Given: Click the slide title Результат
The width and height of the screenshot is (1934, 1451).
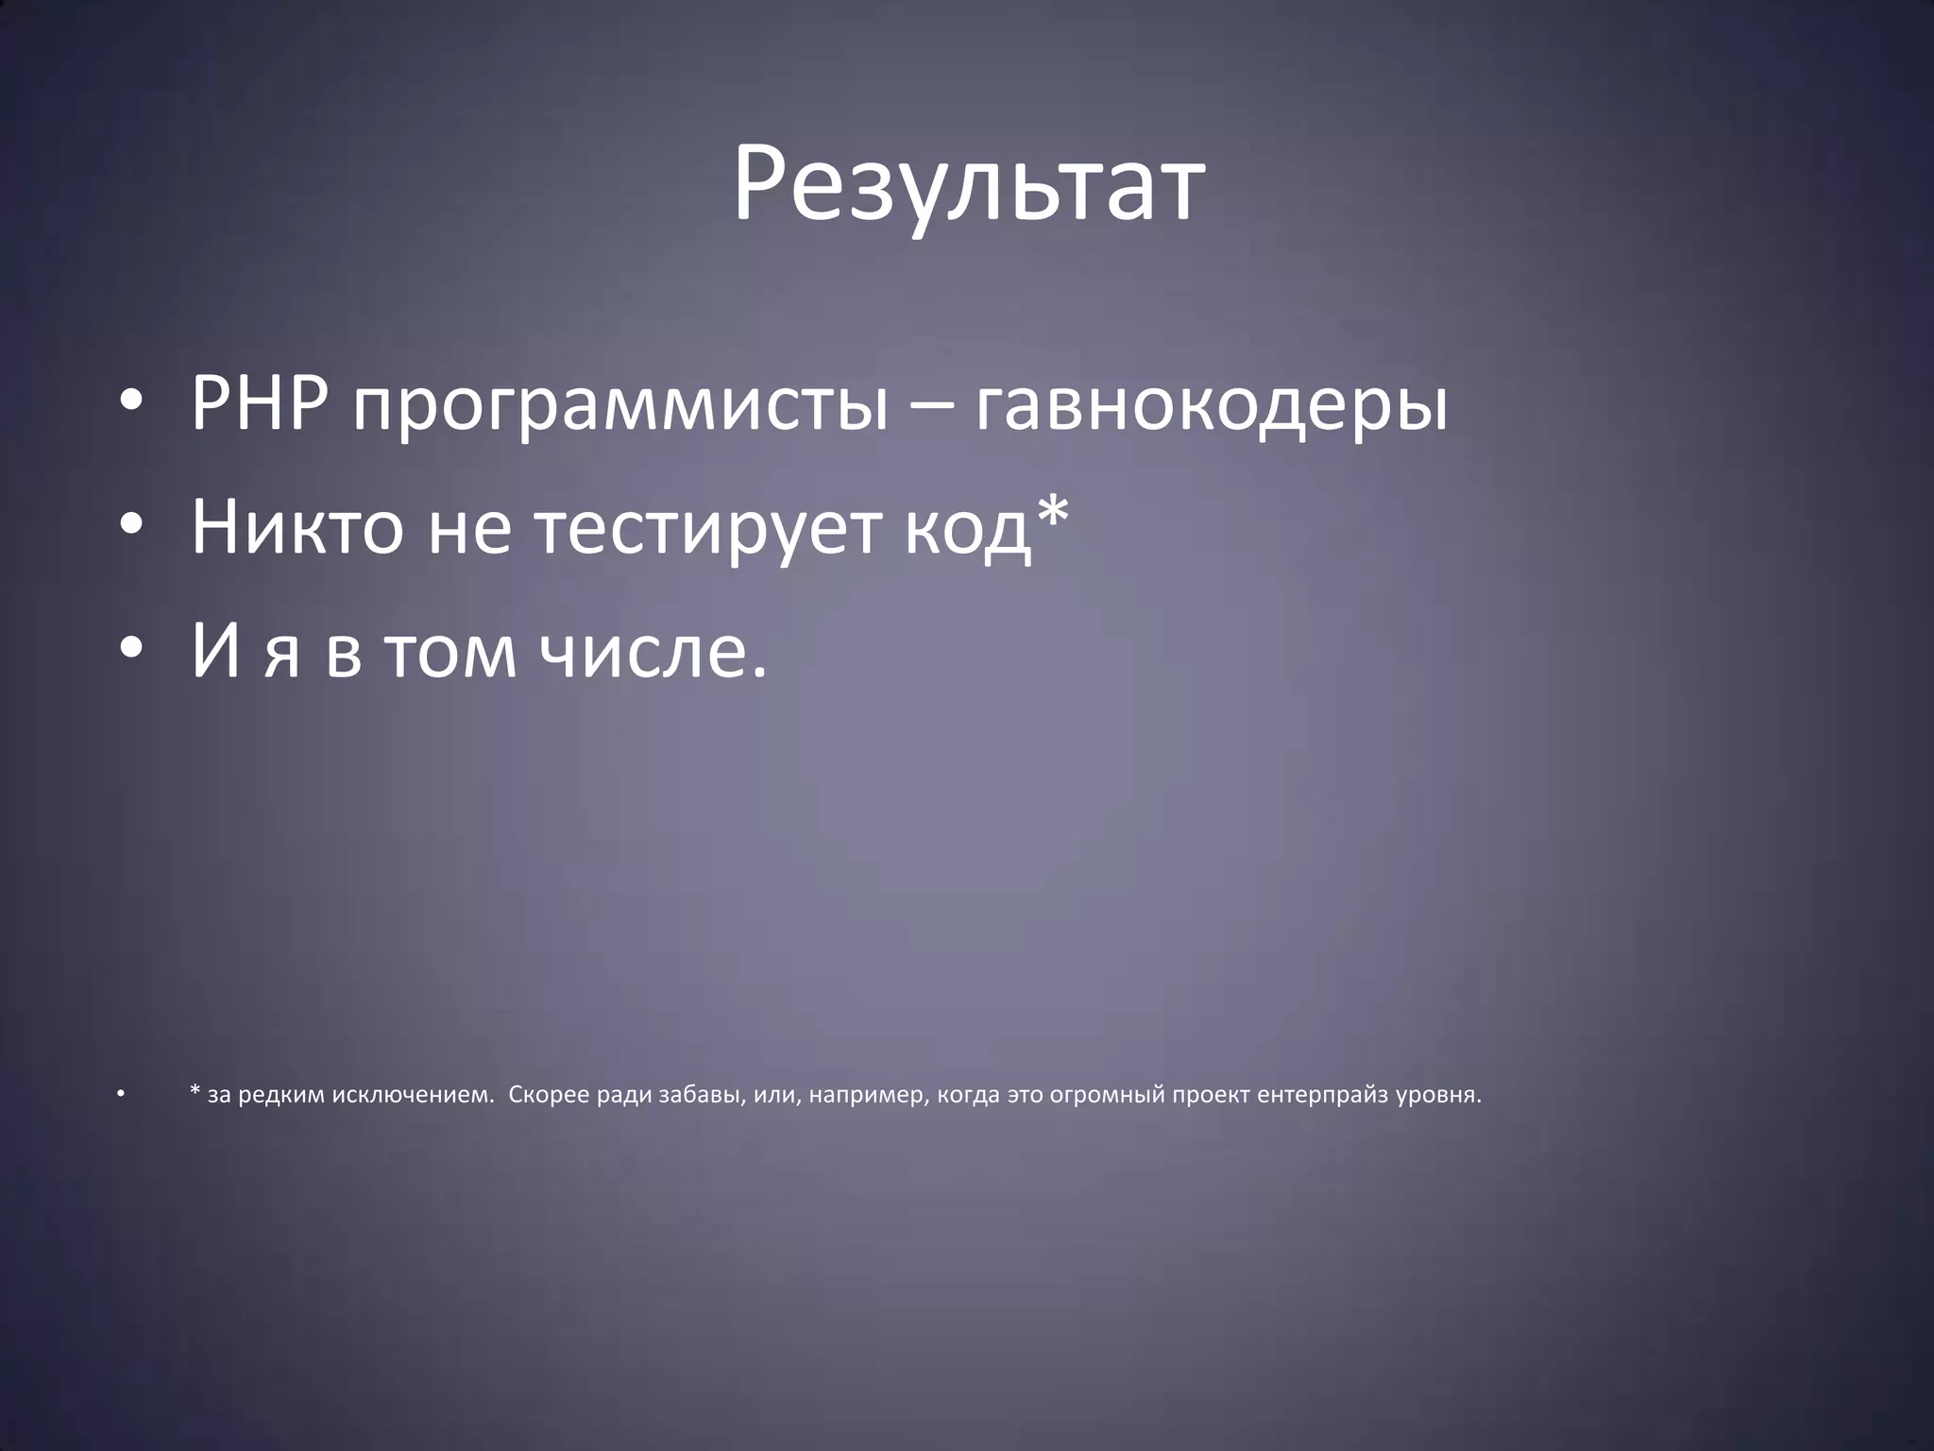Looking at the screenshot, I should pos(967,184).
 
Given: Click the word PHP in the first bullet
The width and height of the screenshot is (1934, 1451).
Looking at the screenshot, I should pos(260,404).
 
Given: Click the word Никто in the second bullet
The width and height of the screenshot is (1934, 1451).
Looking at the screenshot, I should pos(297,527).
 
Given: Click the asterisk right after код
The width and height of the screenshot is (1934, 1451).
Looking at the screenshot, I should pos(1052,515).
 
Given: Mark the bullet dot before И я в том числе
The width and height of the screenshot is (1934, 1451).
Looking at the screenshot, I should pos(131,651).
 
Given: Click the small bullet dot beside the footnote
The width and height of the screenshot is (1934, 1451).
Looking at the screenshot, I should pos(121,1095).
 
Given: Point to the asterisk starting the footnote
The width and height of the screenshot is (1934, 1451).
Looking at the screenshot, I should pos(195,1092).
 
